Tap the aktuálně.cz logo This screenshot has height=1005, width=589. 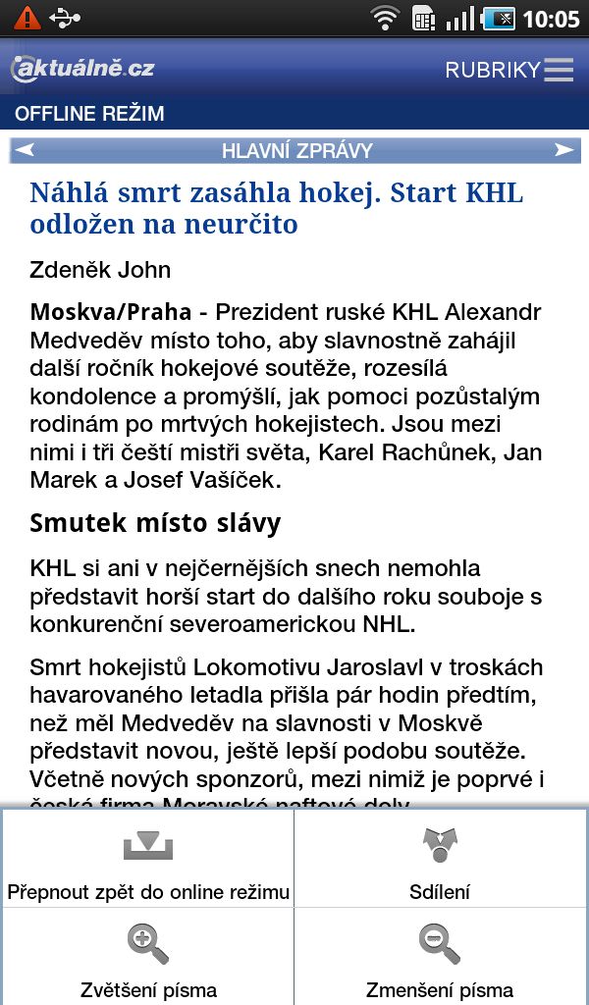click(82, 68)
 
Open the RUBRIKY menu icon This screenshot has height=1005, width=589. click(559, 70)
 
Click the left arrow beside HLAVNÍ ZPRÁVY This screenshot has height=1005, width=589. click(26, 150)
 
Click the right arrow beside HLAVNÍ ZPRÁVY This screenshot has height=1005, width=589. click(563, 150)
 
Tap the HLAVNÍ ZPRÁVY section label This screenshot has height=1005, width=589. click(296, 150)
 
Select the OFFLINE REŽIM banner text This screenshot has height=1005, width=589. click(89, 114)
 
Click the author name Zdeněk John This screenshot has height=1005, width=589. click(100, 270)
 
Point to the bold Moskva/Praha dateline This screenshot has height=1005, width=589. click(110, 313)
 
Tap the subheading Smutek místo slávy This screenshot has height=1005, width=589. click(155, 522)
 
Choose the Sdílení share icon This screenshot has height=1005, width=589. click(440, 844)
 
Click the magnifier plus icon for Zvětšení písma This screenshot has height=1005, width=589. click(148, 944)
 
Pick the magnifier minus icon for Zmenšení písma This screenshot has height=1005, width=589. click(440, 944)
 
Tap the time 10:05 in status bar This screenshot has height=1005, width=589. click(551, 19)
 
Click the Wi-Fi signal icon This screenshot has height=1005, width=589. click(385, 18)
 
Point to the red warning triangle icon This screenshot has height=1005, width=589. click(27, 18)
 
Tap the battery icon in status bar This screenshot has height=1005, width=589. click(499, 18)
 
